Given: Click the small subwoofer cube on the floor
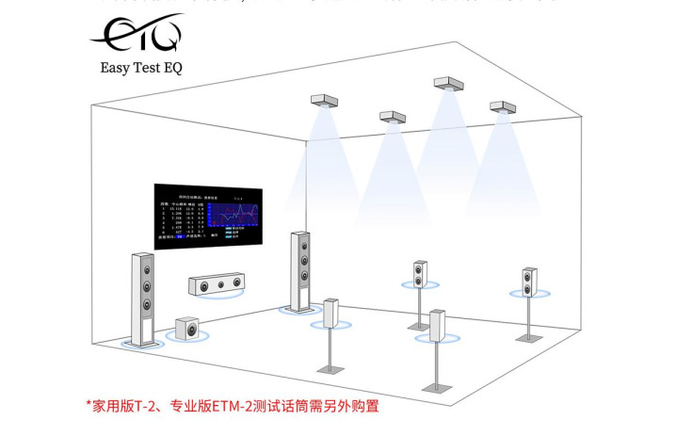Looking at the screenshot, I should coord(187,329).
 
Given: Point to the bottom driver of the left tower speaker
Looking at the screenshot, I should coord(147,304).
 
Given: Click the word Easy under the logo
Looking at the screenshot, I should coord(116,68).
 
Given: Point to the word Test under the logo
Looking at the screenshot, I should coord(146,68).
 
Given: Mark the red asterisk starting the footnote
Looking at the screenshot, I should coord(89,405).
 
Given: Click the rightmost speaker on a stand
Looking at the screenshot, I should coord(529,281).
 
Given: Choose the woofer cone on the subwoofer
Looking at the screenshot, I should coord(190,331).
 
